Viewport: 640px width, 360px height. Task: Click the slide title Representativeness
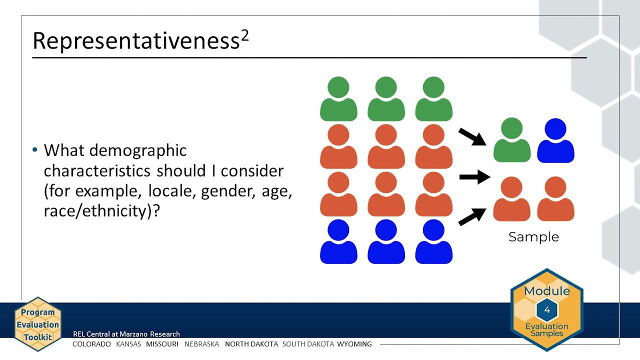click(x=135, y=41)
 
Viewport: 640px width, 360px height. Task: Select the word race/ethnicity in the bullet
click(x=97, y=210)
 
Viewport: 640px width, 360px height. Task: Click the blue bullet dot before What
click(x=34, y=150)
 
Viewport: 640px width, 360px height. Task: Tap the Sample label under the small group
click(x=533, y=237)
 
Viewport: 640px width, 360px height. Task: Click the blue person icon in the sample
click(x=555, y=141)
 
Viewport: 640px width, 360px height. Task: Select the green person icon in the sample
click(x=512, y=141)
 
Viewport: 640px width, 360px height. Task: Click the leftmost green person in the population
click(x=338, y=99)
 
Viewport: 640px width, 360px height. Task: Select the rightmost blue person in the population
click(x=433, y=242)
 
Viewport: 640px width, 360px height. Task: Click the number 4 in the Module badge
click(x=546, y=310)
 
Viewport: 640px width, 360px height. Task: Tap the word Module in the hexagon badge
click(x=546, y=291)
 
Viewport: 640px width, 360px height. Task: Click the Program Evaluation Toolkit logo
click(x=37, y=324)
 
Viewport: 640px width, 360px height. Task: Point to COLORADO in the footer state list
click(x=91, y=344)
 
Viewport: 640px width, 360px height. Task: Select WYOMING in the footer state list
click(x=354, y=344)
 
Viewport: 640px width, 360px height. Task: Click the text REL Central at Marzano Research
click(x=126, y=334)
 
